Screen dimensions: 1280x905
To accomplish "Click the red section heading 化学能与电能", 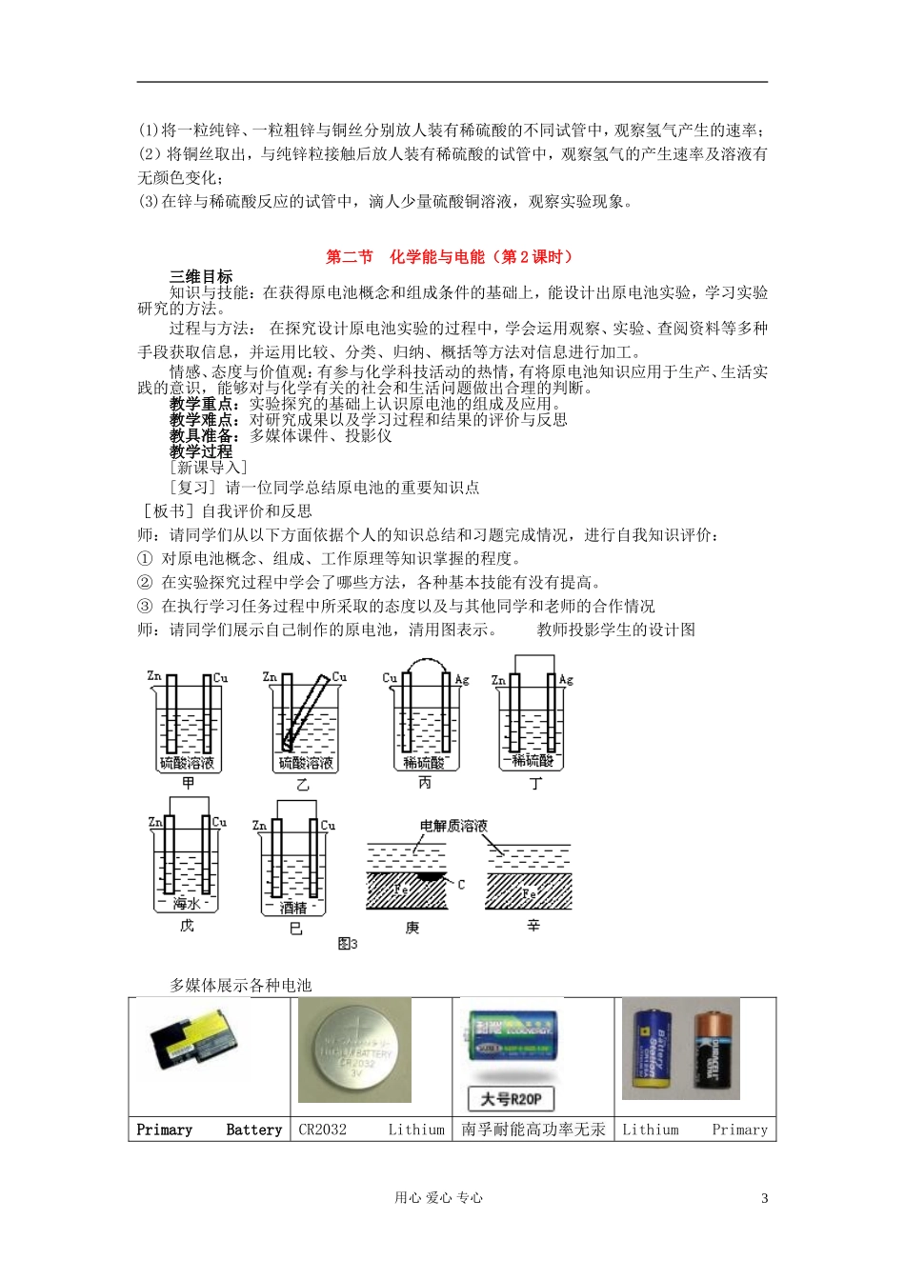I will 451,256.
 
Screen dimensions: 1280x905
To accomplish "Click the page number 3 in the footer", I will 764,1198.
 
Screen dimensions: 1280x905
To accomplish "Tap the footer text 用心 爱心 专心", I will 439,1198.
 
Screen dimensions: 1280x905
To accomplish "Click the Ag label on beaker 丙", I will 462,679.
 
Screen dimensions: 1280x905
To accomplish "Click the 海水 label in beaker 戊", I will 187,902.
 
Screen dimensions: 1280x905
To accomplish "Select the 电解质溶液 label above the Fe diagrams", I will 453,825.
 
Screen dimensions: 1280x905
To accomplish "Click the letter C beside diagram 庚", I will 461,885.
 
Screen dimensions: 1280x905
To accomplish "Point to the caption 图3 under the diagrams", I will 348,944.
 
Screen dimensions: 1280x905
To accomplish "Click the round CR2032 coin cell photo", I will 354,1050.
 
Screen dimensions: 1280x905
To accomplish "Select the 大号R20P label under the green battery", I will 511,1098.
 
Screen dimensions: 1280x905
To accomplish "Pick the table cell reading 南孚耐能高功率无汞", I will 533,1130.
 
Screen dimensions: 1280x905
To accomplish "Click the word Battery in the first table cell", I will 253,1130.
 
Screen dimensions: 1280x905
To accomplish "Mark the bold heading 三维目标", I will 201,276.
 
